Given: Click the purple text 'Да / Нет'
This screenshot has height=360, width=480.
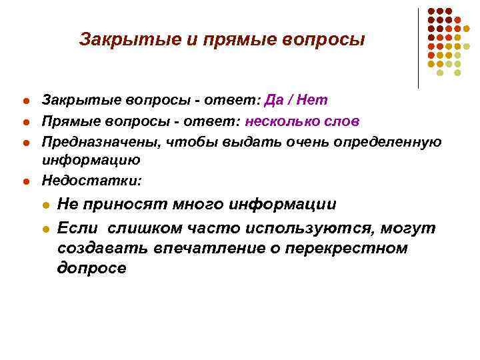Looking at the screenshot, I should (x=296, y=101).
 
